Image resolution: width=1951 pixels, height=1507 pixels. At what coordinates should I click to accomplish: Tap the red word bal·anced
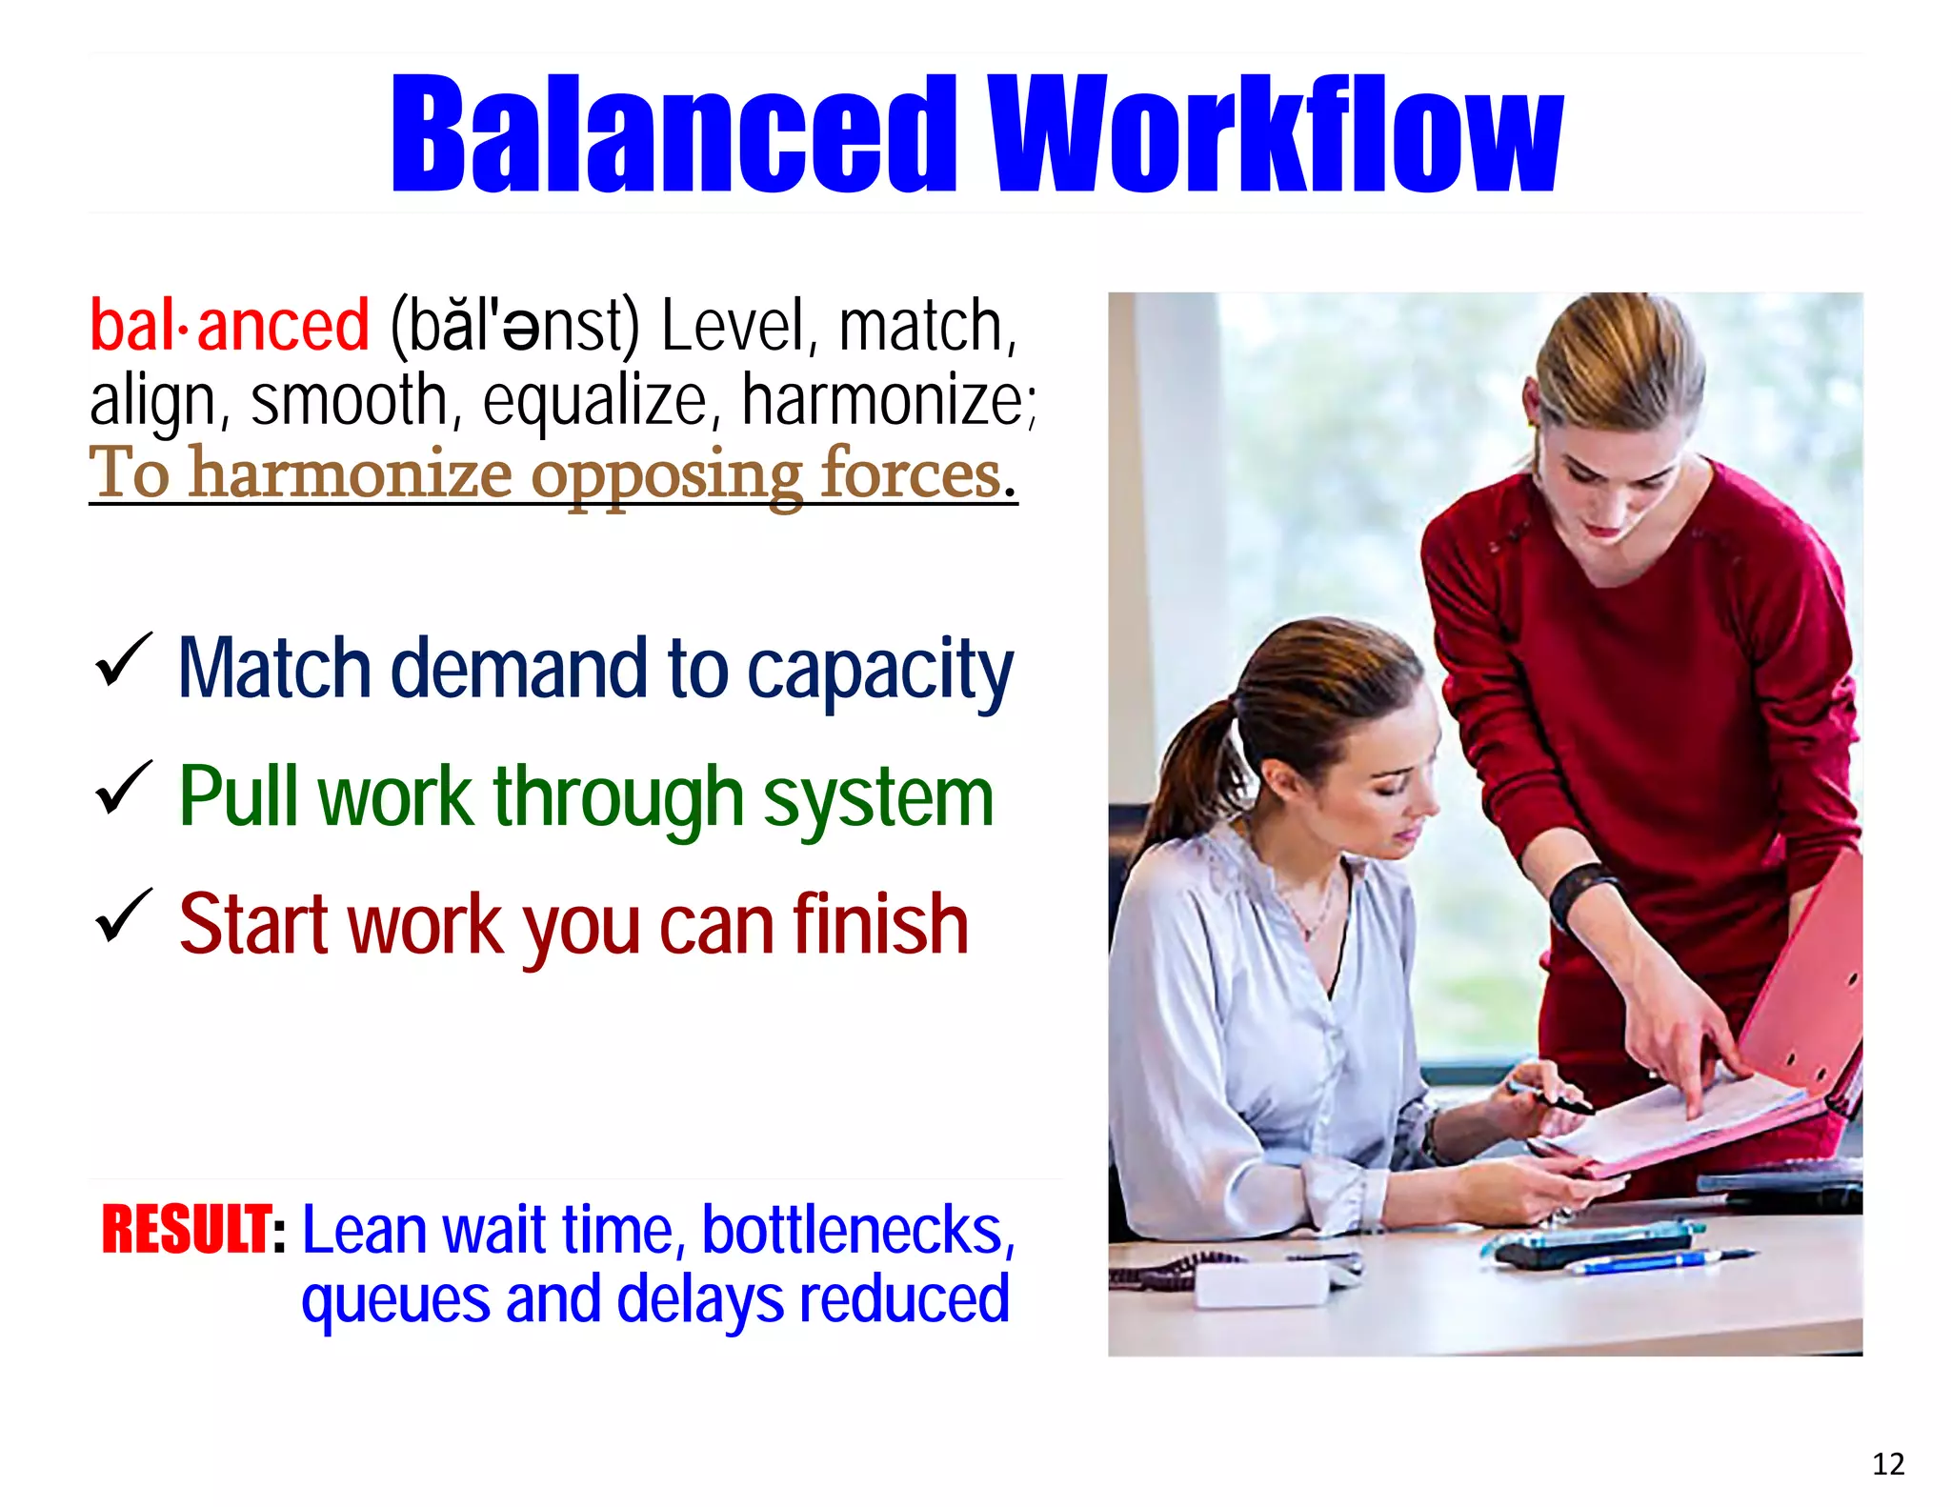229,326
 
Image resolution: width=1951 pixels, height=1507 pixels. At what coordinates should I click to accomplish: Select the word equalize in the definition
595,401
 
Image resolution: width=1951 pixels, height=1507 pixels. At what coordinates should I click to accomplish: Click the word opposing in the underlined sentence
667,474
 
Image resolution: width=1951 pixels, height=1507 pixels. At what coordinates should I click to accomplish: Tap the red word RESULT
187,1230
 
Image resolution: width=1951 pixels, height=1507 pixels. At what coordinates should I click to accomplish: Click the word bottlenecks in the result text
857,1230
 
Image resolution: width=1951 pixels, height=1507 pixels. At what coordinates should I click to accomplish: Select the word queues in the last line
394,1301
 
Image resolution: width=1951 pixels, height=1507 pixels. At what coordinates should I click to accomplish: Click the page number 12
1888,1464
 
